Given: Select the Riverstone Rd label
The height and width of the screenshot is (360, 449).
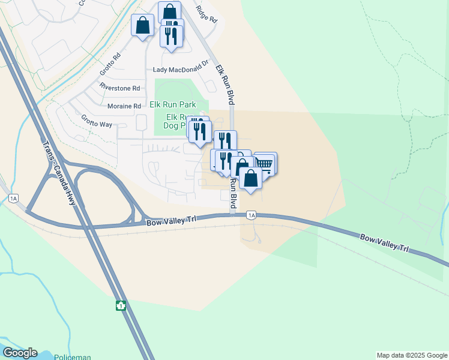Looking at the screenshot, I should coord(120,88).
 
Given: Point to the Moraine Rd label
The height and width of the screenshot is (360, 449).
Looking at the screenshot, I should coord(124,106).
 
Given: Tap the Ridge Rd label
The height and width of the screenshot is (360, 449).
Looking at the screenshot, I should coord(206,16).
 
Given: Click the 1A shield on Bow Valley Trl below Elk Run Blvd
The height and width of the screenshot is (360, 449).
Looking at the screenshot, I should coord(252,215).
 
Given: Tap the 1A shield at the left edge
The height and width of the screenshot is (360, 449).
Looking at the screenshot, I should coord(13,198).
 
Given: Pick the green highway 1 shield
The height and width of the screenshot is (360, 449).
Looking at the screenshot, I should coord(121,305).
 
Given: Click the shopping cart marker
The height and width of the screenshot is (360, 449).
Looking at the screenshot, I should coord(265,163).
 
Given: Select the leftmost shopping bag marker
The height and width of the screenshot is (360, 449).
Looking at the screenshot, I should coord(142,25).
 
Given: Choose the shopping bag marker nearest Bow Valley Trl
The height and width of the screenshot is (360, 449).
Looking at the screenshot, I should coord(250,178).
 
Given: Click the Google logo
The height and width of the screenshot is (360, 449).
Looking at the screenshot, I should coord(20,353).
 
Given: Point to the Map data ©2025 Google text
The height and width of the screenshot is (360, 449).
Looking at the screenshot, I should coord(412,355).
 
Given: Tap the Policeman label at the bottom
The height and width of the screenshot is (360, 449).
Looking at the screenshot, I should coord(72,357).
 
